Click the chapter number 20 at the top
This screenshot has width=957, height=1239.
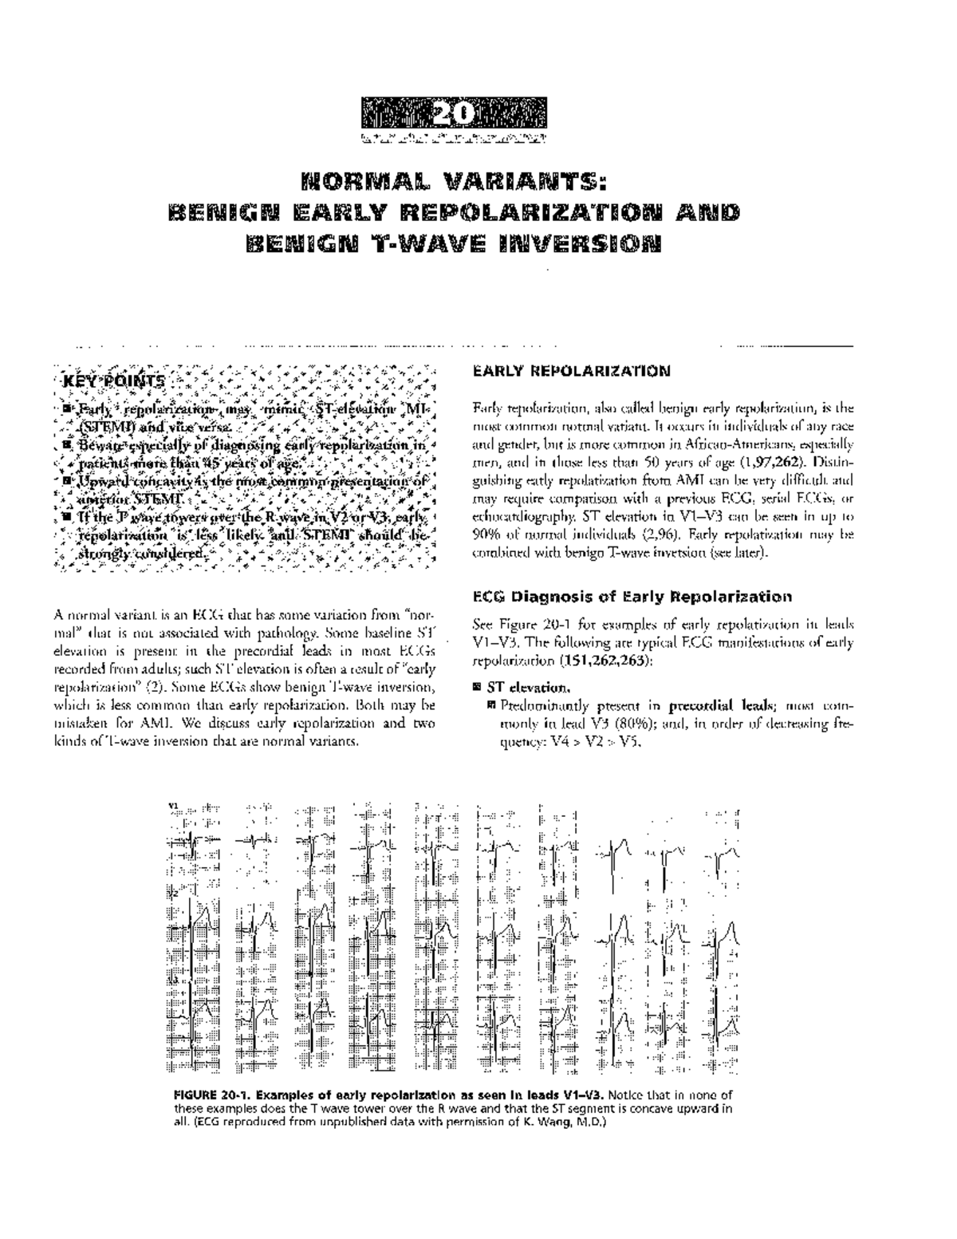[x=453, y=114]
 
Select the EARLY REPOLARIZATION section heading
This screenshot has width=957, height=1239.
[x=571, y=371]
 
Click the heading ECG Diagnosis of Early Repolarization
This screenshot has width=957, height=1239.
[x=632, y=597]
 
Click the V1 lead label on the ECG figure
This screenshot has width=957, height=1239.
[x=173, y=807]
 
